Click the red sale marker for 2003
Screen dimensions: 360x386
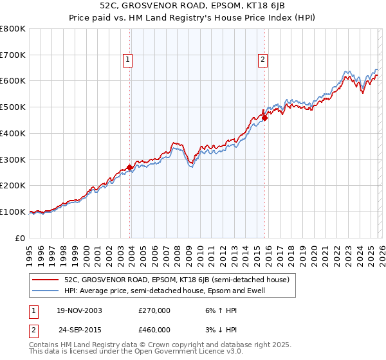point(129,167)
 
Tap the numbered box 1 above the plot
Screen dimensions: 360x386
point(128,60)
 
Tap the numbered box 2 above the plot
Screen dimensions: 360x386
point(263,60)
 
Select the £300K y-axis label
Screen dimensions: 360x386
point(13,159)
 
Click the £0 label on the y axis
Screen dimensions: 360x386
point(21,238)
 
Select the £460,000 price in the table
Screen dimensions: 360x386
point(154,330)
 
